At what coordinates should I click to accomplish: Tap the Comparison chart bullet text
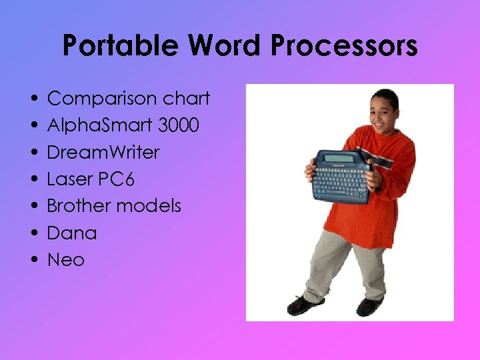tap(129, 99)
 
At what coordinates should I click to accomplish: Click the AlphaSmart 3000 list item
tap(123, 125)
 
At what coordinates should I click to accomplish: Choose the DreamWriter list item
tap(103, 152)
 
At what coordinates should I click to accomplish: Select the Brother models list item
tap(114, 205)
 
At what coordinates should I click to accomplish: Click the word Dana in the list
tap(72, 233)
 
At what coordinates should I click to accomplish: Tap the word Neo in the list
tap(66, 259)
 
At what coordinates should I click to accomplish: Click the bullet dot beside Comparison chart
tap(34, 99)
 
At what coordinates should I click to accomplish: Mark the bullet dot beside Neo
tap(34, 260)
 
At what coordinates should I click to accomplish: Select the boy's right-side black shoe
tap(369, 307)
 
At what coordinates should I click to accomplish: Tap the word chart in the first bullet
tap(187, 99)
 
